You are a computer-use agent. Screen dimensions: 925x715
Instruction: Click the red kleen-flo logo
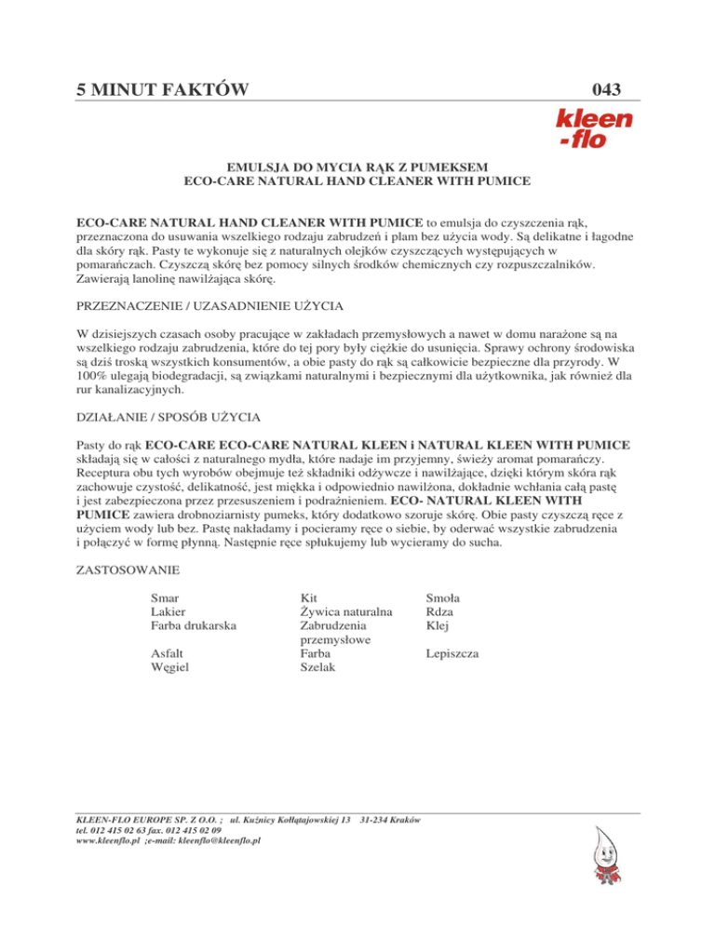tap(581, 129)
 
